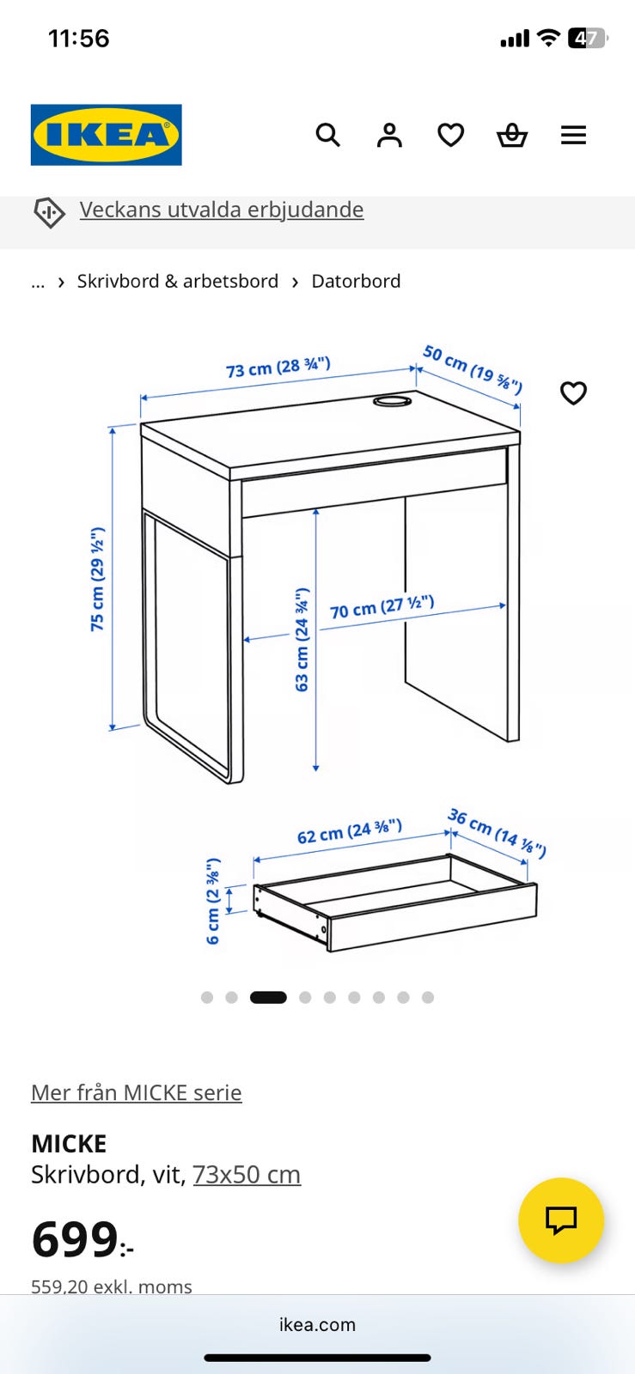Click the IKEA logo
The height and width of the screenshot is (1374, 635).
[x=107, y=134]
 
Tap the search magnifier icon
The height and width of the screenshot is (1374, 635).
[x=327, y=135]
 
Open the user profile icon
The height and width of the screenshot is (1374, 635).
[x=389, y=135]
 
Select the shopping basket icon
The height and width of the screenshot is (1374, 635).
[x=511, y=135]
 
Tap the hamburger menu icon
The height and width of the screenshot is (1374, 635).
[x=573, y=135]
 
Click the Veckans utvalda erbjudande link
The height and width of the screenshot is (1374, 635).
[x=222, y=210]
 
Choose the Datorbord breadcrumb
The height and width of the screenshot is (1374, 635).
[x=356, y=281]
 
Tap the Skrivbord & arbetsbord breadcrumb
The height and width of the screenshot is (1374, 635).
[x=177, y=281]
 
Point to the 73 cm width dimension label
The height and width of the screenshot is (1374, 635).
[x=278, y=368]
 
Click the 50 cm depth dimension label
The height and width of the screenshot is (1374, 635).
[x=473, y=369]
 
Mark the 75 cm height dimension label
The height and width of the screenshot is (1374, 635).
[x=97, y=579]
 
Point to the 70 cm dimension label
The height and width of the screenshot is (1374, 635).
[x=382, y=606]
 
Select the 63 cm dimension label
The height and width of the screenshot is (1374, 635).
[x=302, y=640]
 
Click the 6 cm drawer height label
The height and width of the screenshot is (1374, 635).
[x=212, y=901]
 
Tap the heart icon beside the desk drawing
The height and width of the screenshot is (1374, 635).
[x=573, y=393]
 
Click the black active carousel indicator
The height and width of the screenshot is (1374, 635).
[x=268, y=997]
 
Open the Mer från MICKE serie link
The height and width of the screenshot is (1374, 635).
[x=137, y=1092]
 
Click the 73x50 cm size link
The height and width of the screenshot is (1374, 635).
[x=247, y=1175]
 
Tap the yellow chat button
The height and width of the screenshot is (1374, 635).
[x=561, y=1220]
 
